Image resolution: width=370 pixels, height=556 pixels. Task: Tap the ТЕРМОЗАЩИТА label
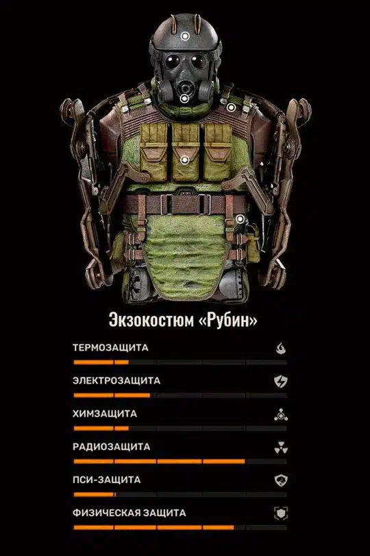point(110,347)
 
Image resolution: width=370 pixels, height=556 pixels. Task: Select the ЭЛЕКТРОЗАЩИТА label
point(116,381)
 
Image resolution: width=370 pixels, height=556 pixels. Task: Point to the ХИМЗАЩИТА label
point(105,414)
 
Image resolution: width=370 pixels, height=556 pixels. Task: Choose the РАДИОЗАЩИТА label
point(112,447)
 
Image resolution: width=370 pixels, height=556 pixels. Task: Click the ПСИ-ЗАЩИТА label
point(107,480)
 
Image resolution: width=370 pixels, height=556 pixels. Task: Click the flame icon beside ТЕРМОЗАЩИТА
point(281,348)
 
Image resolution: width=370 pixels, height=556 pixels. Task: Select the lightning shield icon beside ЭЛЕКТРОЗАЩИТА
point(281,382)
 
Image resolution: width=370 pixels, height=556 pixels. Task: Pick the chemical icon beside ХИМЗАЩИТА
point(281,415)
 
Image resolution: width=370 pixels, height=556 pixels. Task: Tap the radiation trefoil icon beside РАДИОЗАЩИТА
point(281,448)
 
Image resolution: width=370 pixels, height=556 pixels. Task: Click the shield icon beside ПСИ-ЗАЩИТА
point(281,480)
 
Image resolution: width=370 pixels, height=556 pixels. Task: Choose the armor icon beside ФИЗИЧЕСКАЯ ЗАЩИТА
point(281,513)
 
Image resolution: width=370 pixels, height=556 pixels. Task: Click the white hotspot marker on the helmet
point(185,36)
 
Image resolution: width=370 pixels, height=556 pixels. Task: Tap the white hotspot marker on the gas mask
point(184,98)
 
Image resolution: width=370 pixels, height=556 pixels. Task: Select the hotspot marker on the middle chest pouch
point(184,160)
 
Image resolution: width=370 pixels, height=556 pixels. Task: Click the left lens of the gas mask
point(172,62)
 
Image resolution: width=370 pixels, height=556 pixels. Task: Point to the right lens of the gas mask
point(198,61)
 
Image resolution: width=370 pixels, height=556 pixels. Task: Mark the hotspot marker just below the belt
point(240,219)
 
